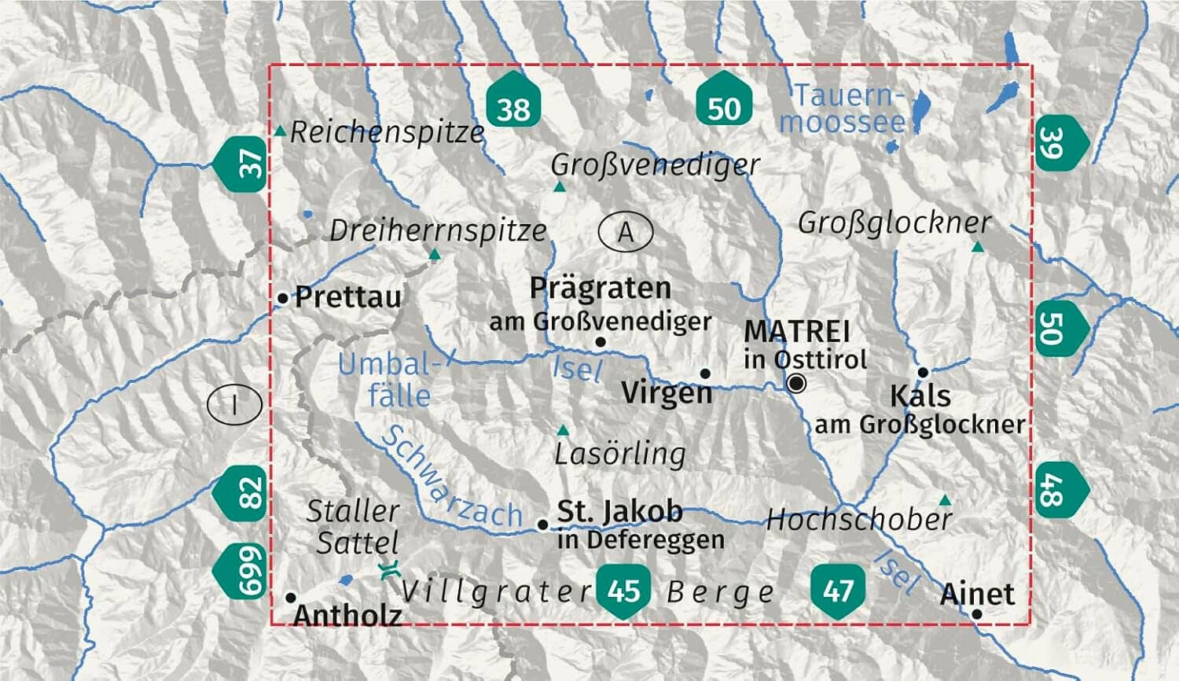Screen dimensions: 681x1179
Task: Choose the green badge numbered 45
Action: pyautogui.click(x=623, y=590)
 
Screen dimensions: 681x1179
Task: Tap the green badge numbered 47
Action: pyautogui.click(x=838, y=588)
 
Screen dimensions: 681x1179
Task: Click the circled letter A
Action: pyautogui.click(x=626, y=232)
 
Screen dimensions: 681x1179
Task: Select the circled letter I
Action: pyautogui.click(x=234, y=405)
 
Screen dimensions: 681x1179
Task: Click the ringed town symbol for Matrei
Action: pyautogui.click(x=797, y=383)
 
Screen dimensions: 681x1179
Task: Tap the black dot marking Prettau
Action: pyautogui.click(x=283, y=298)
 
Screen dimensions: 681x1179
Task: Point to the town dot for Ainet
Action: pyautogui.click(x=976, y=613)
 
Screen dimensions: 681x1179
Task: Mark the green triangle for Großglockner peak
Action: pyautogui.click(x=977, y=247)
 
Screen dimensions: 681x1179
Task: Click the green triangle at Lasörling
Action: pyautogui.click(x=563, y=430)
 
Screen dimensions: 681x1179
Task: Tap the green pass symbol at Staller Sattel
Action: pyautogui.click(x=387, y=570)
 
